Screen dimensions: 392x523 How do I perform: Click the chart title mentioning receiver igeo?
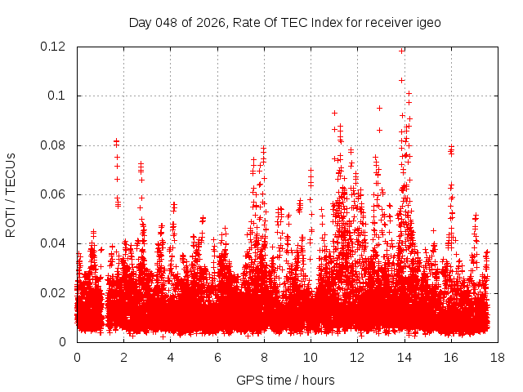[x=285, y=23]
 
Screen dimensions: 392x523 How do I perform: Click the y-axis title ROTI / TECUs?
[x=11, y=194]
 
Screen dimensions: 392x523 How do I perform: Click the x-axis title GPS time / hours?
[x=285, y=380]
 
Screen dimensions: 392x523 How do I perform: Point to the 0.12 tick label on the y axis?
[x=54, y=47]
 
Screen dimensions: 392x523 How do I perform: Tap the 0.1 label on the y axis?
[x=59, y=96]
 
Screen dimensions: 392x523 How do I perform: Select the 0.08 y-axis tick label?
[x=54, y=145]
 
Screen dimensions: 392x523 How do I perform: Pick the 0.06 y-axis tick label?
[x=54, y=194]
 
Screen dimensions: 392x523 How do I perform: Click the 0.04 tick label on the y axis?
[x=54, y=243]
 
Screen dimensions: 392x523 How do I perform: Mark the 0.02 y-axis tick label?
[x=54, y=293]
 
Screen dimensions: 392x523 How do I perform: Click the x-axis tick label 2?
[x=124, y=358]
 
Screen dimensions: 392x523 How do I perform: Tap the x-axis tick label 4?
[x=171, y=358]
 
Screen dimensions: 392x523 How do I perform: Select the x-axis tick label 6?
[x=217, y=358]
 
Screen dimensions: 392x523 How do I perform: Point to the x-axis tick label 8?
[x=264, y=358]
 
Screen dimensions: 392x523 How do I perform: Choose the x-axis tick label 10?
[x=311, y=358]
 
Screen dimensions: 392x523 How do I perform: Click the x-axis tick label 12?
[x=357, y=358]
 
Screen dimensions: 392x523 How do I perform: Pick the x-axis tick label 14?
[x=404, y=358]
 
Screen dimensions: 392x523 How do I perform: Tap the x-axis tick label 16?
[x=450, y=358]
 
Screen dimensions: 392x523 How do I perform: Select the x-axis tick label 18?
[x=497, y=358]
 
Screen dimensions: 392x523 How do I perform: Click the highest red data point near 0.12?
[x=402, y=50]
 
